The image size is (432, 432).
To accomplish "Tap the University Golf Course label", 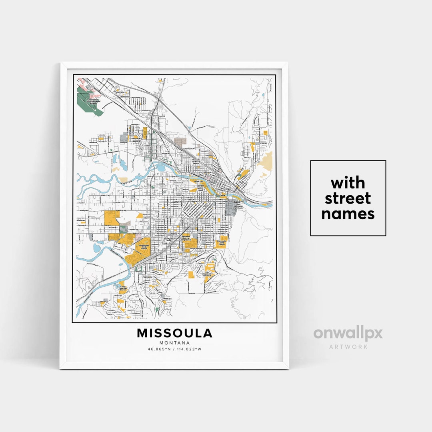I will click(222, 243).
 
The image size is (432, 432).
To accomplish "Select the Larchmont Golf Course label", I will click(144, 247).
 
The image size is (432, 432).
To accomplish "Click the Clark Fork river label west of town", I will click(127, 183).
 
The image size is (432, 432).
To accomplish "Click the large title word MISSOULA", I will click(174, 333).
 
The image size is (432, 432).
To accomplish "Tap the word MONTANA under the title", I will click(174, 343).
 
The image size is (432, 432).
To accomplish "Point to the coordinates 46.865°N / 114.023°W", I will click(174, 349).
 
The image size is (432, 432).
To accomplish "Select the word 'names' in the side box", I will click(348, 214).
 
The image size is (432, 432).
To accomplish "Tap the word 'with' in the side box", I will click(348, 183).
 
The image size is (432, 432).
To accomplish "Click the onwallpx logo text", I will click(348, 333).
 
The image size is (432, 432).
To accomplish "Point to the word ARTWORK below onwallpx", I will click(348, 346).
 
